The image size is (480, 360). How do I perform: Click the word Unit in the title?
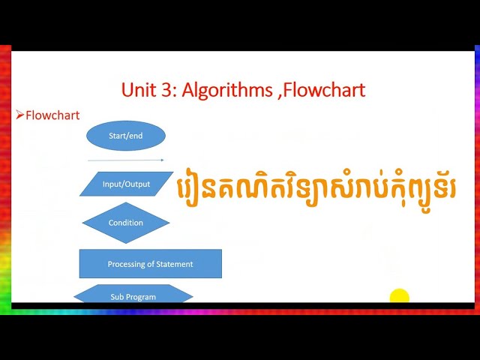point(142,91)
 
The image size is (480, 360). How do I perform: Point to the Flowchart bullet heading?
point(52,115)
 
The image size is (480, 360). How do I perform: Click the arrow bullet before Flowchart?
point(20,115)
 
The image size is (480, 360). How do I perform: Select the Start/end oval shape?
point(126,136)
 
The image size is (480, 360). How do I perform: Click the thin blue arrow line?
point(124,160)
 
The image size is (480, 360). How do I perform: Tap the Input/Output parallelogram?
point(126,184)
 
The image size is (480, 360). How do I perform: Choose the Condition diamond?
point(126,223)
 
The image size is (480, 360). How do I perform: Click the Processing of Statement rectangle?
point(150,264)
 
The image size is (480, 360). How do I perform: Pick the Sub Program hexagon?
point(133,295)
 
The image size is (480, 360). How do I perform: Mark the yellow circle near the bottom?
point(400,296)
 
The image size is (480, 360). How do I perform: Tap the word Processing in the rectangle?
point(125,264)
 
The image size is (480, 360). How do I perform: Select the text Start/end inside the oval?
point(126,136)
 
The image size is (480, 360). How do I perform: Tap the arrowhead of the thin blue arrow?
point(162,160)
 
